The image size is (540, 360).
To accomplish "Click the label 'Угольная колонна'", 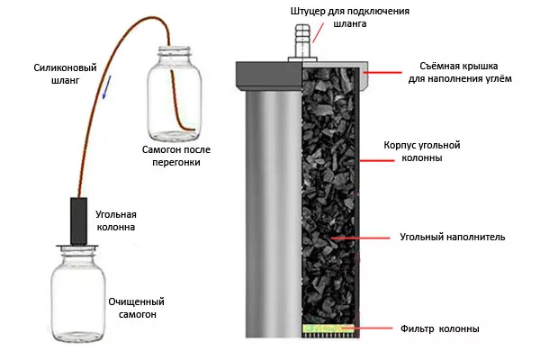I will tap(116, 220).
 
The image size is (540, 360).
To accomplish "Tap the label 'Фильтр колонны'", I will tap(441, 328).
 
